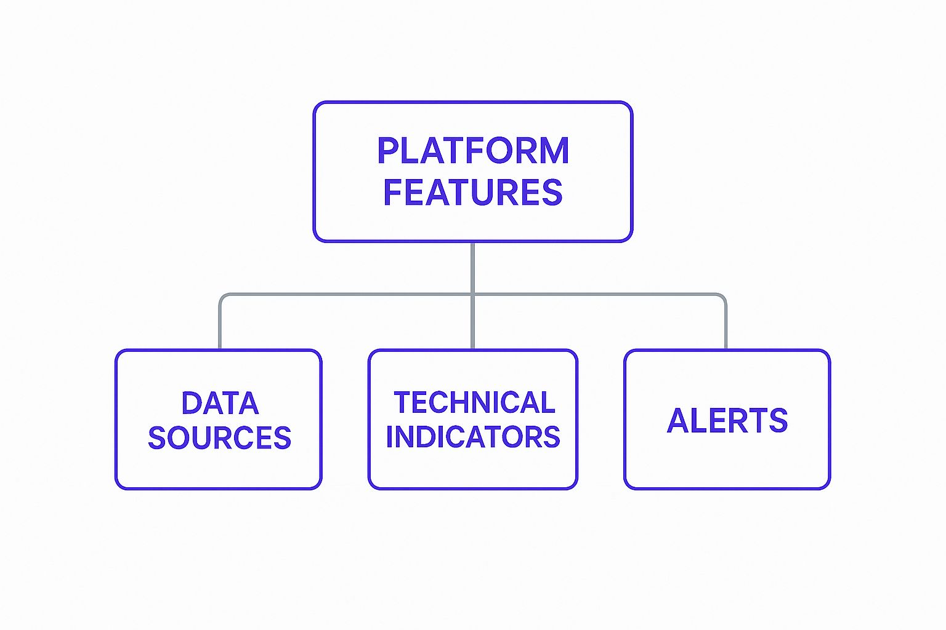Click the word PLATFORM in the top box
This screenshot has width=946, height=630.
tap(472, 151)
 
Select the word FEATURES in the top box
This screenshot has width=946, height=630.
tap(472, 192)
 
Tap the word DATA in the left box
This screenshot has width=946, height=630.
tap(220, 404)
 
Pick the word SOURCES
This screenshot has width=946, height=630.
tap(219, 437)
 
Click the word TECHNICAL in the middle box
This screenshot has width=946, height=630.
tap(474, 403)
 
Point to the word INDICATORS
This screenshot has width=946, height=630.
tap(472, 437)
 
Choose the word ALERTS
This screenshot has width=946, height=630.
tap(727, 421)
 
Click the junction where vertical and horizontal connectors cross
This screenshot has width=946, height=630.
tap(472, 295)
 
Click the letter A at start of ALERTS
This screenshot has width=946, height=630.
tap(678, 421)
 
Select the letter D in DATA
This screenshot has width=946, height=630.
tap(192, 404)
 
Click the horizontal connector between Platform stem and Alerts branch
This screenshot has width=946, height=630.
tap(597, 295)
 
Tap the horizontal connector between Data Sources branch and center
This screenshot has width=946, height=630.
tap(345, 295)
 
